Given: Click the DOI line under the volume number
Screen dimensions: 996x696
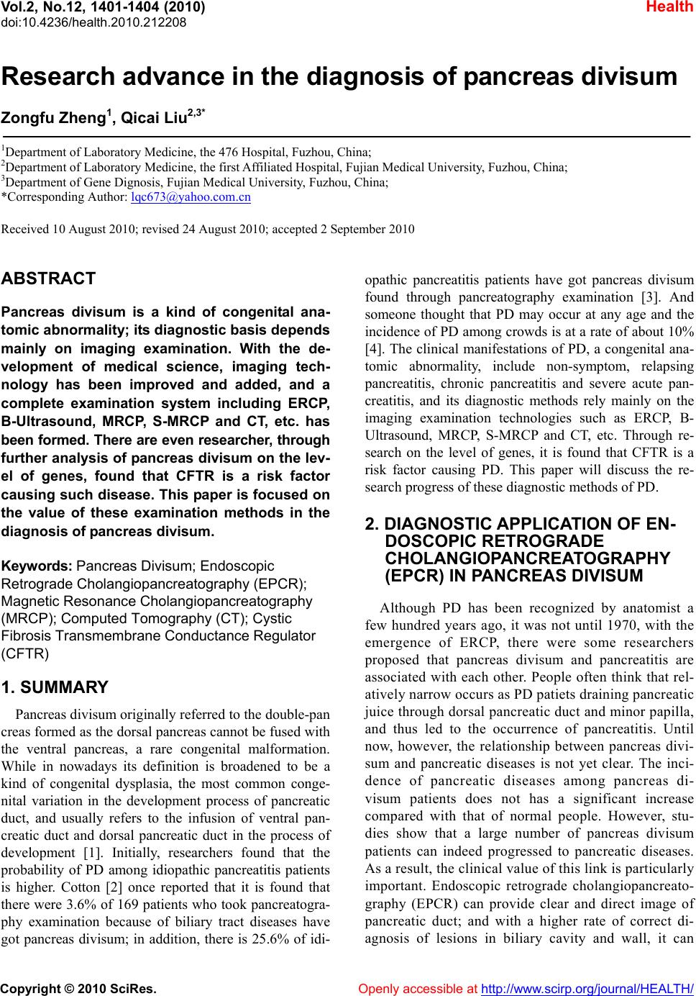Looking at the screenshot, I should [94, 22].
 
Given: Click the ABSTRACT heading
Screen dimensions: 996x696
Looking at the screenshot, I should [49, 279].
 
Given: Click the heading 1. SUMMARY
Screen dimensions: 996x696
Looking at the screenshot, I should [55, 687].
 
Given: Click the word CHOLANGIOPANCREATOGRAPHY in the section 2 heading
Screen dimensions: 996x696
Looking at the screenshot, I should [528, 558].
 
